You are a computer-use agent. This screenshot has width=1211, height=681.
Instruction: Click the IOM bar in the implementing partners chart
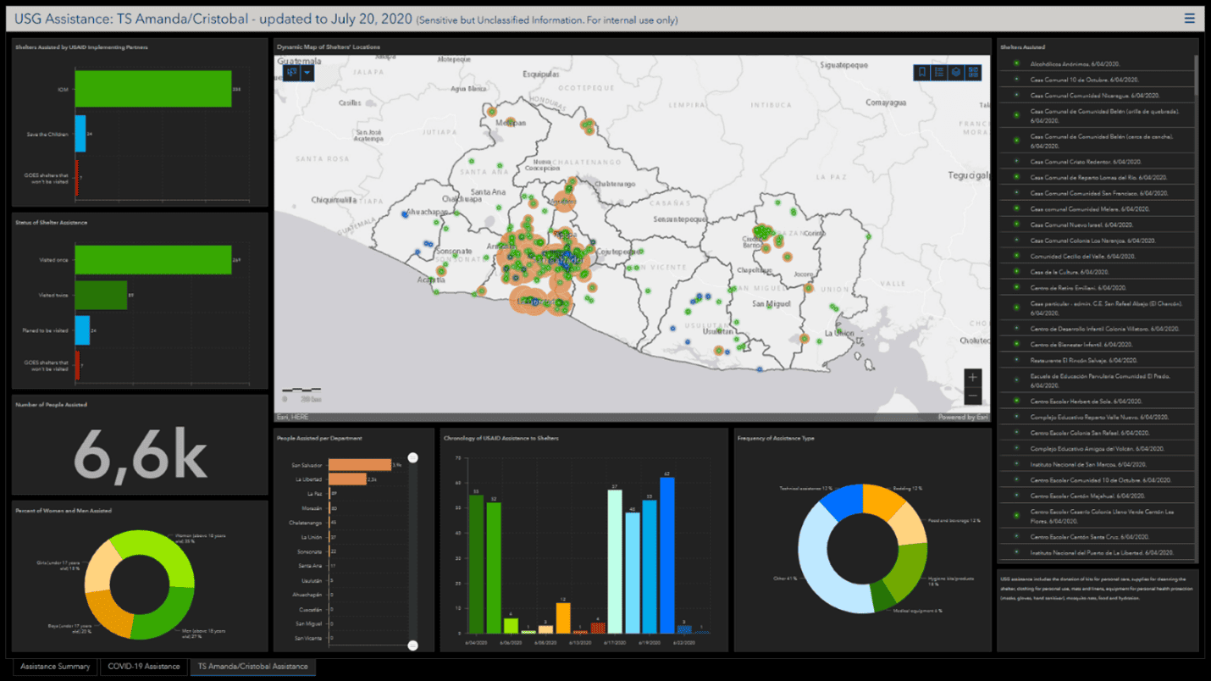click(x=152, y=89)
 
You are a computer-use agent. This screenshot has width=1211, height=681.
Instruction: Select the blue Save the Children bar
click(x=80, y=134)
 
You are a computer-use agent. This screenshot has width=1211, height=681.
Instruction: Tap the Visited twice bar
click(x=101, y=295)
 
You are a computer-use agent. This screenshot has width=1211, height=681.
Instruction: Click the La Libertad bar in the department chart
click(x=346, y=479)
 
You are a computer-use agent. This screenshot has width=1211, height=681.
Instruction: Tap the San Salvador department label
click(x=307, y=465)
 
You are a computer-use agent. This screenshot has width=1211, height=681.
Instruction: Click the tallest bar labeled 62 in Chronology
click(x=666, y=555)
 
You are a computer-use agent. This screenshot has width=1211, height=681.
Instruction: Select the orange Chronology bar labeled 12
click(x=563, y=617)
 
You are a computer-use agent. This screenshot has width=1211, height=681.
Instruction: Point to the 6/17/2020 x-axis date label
click(x=615, y=642)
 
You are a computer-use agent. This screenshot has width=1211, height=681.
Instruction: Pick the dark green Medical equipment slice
click(x=882, y=597)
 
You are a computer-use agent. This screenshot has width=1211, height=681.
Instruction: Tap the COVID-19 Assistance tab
click(x=144, y=667)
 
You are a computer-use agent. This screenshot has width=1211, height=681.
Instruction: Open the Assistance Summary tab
click(x=55, y=667)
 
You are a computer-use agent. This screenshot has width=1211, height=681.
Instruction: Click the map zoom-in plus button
click(x=972, y=377)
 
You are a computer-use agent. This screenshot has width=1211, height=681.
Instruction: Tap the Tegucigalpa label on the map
click(x=970, y=176)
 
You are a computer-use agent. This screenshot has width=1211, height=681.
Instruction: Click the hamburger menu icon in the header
click(x=1190, y=19)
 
